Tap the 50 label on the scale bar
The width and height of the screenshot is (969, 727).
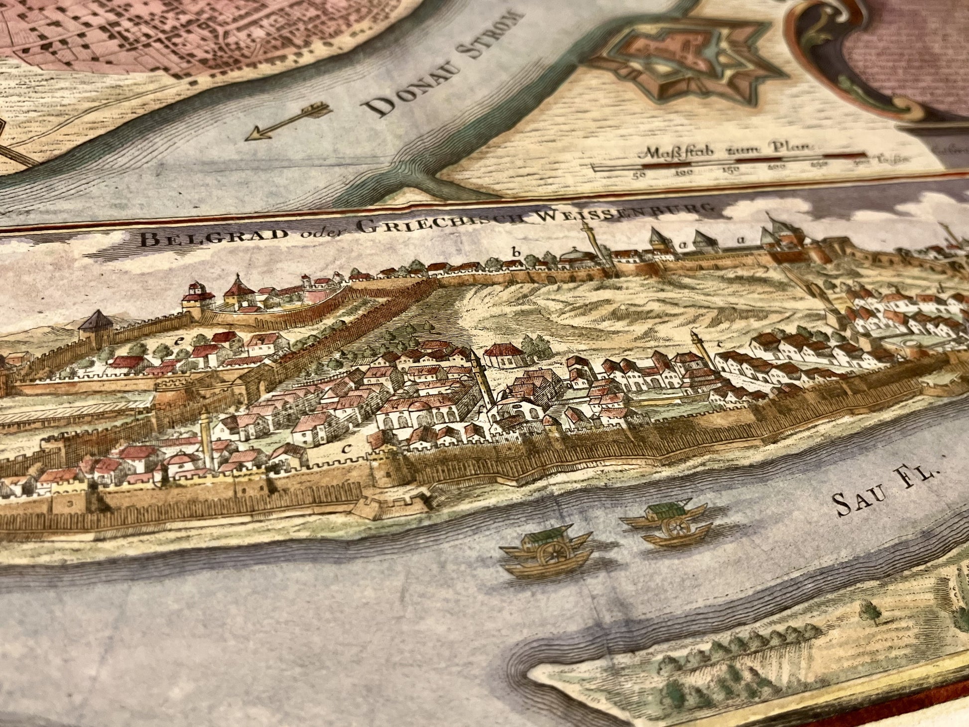tap(639, 175)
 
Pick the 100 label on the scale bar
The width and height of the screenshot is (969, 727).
tap(684, 172)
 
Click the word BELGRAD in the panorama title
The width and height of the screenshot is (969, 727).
tap(191, 238)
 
